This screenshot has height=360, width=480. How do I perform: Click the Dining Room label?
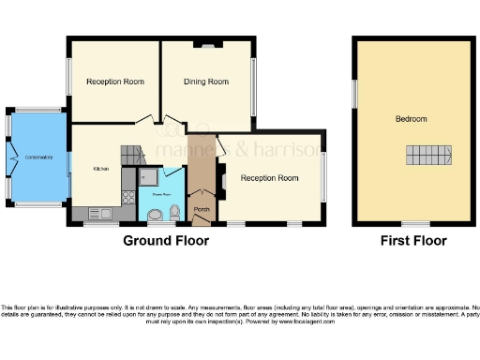point(205,82)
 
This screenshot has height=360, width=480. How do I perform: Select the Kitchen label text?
point(100,169)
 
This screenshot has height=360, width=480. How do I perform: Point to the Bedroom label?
point(411,119)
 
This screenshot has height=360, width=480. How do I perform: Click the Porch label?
point(201,209)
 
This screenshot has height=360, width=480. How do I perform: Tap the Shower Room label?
point(152,195)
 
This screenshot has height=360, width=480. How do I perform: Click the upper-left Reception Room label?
point(115,82)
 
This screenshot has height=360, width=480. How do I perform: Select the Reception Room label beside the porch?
point(269,178)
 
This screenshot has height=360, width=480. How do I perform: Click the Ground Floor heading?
point(166,241)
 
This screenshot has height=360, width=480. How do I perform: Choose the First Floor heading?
point(412,241)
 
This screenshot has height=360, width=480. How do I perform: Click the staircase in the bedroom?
point(427,156)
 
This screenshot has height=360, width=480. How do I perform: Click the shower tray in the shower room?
point(148,176)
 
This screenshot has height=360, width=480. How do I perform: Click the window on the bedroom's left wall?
point(354,94)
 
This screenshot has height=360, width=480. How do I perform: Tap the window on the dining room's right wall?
point(254,87)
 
